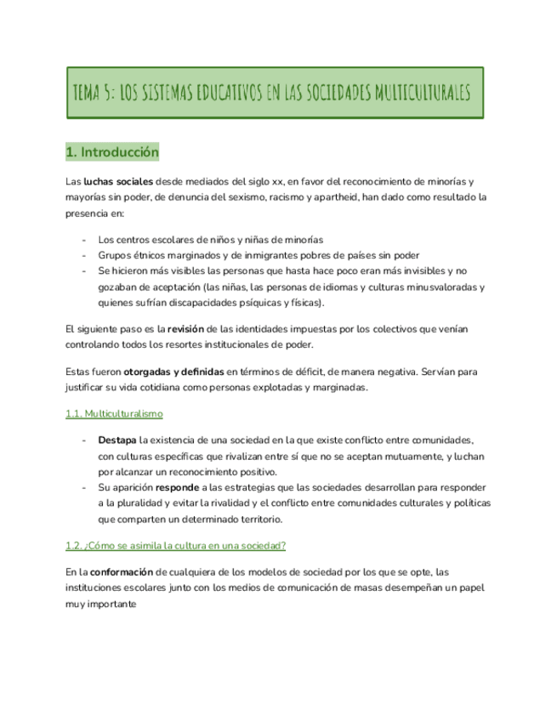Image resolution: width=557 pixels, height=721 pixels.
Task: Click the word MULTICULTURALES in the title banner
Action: coord(418,92)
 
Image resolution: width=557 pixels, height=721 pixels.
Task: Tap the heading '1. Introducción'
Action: coord(112,152)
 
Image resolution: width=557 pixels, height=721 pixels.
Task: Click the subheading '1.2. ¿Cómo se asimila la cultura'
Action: coord(175,545)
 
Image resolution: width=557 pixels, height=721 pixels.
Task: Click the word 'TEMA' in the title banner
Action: coord(91,92)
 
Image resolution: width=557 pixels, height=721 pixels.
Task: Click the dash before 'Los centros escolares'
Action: coord(83,239)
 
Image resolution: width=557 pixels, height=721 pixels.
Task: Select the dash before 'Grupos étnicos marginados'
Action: coord(83,255)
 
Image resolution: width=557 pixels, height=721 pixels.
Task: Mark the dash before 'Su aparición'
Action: coord(83,488)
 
